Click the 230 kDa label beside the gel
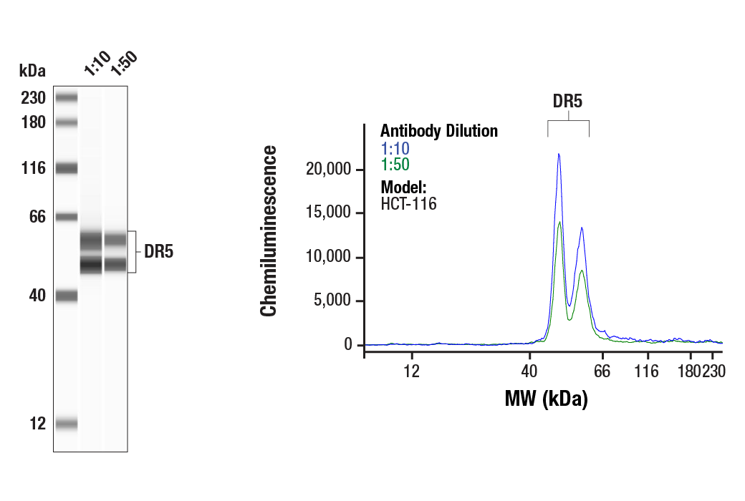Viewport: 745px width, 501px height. coord(33,98)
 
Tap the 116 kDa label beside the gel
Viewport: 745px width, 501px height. coord(33,169)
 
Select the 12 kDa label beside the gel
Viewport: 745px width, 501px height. coord(37,424)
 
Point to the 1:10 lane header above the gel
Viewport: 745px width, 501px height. coord(96,64)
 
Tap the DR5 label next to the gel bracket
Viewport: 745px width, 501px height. coord(158,252)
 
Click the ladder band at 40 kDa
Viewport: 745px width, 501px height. coord(66,296)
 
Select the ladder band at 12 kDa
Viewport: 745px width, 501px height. coord(66,424)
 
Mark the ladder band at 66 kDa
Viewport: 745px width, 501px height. coord(66,217)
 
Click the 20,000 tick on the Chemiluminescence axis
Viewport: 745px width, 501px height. coord(328,170)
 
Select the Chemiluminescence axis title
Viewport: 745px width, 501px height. coord(269,230)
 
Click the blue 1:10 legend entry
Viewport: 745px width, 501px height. coord(395,149)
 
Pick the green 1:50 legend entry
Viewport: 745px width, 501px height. coord(395,164)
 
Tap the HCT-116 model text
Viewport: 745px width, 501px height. coord(408,203)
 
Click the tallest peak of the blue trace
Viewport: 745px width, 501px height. coord(559,154)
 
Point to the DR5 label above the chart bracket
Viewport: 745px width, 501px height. coord(567,101)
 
